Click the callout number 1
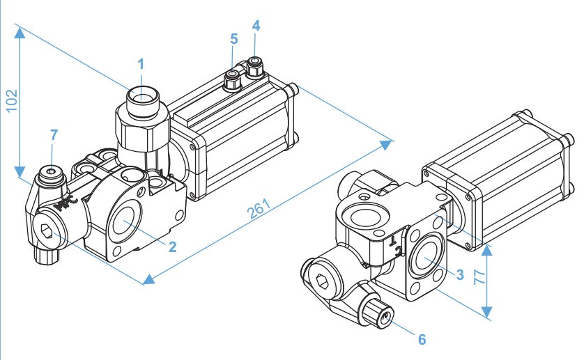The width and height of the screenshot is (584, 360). tap(141, 64)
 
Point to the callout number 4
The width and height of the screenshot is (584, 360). tap(256, 26)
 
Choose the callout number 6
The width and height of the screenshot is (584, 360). tap(421, 339)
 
